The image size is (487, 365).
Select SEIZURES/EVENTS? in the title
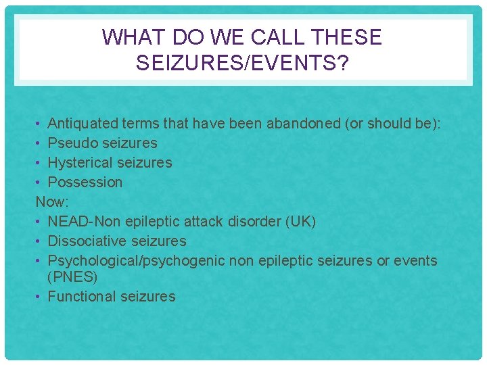tap(241, 63)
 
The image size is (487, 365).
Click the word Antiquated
tap(83, 123)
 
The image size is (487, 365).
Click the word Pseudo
tap(72, 143)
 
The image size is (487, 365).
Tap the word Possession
tap(85, 182)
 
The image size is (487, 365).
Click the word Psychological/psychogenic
tap(137, 260)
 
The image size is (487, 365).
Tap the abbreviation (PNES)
tap(72, 277)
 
